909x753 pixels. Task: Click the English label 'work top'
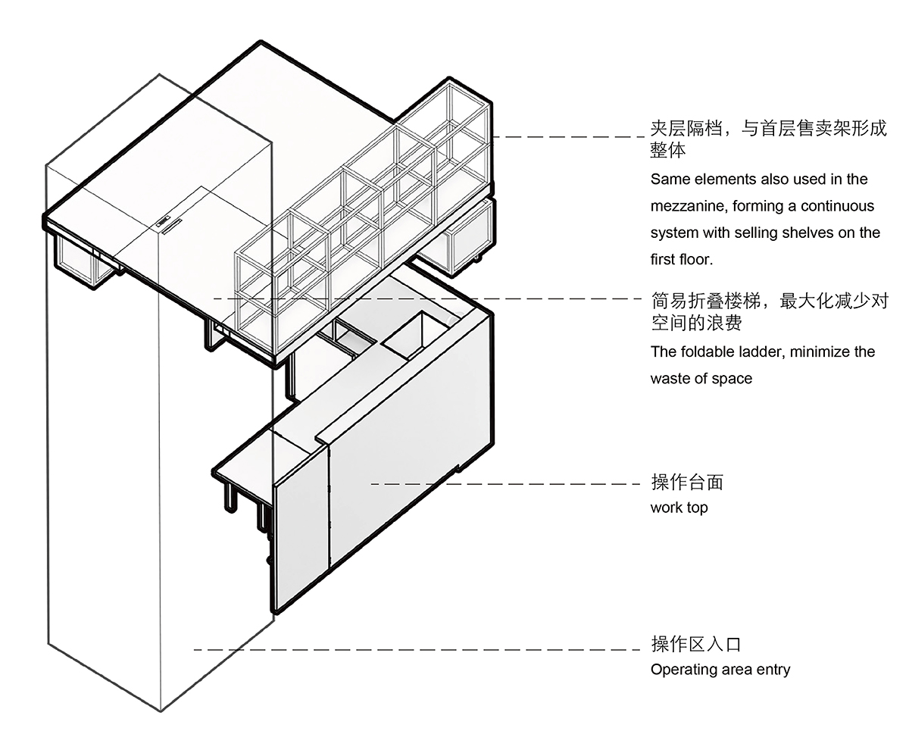[679, 508]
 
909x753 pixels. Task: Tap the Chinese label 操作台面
[687, 483]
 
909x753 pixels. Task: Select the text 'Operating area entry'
[720, 670]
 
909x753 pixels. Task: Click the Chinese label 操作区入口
[695, 645]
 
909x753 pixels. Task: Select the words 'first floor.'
[682, 260]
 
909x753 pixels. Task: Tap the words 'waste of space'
[701, 378]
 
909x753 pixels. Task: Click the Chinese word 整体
[668, 150]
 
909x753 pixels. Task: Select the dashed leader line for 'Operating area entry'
[417, 650]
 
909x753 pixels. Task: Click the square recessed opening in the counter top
[417, 336]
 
